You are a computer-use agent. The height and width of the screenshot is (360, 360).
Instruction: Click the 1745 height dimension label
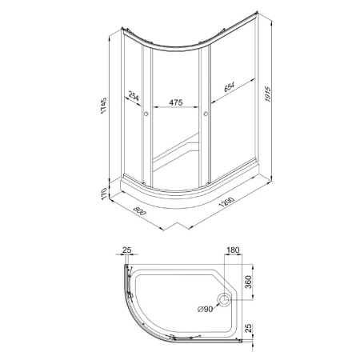(104, 106)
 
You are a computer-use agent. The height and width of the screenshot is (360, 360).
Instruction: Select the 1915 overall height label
(268, 94)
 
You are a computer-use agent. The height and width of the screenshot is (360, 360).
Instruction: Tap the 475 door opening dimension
(176, 102)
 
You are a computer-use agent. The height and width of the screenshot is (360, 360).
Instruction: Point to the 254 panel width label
(134, 96)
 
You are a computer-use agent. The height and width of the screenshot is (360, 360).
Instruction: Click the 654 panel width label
(229, 87)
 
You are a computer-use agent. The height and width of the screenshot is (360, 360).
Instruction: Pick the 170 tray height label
(104, 193)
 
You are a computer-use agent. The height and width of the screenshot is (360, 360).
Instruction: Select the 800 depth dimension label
(139, 211)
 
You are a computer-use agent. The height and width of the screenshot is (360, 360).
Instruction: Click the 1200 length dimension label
(226, 202)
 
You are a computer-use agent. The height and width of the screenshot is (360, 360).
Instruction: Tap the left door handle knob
(146, 114)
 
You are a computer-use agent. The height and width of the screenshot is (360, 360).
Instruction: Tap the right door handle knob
(206, 114)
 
